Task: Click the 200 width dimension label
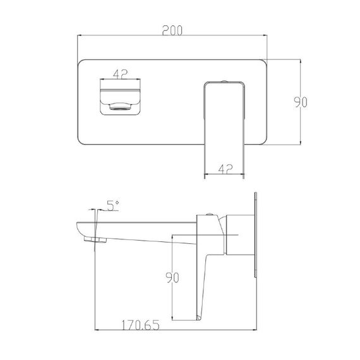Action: [x=172, y=30]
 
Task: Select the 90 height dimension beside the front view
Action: [x=301, y=102]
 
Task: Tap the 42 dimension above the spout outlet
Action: [x=120, y=74]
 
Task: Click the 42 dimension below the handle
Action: [x=225, y=169]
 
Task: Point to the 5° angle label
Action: [x=112, y=205]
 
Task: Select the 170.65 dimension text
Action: [x=140, y=325]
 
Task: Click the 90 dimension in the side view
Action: [x=172, y=277]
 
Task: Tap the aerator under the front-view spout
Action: [x=121, y=106]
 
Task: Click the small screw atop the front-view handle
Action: [x=224, y=81]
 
